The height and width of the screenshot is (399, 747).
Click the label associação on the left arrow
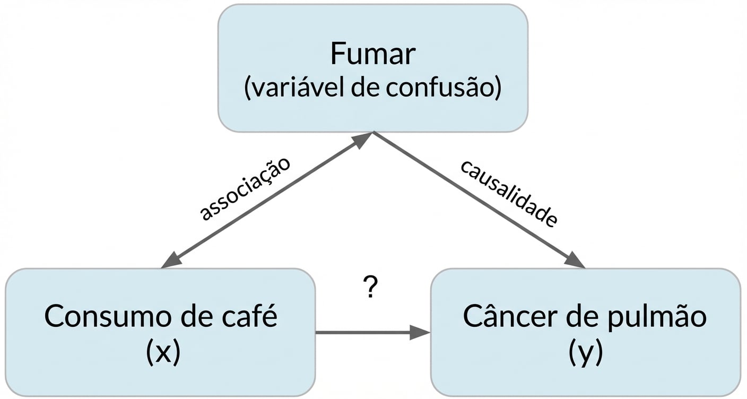pyautogui.click(x=245, y=189)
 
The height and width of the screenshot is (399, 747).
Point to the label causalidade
pyautogui.click(x=508, y=193)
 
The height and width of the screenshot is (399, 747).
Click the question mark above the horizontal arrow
pyautogui.click(x=371, y=288)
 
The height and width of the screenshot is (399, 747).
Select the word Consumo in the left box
pyautogui.click(x=105, y=317)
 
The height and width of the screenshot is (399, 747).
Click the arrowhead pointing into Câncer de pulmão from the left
pyautogui.click(x=420, y=333)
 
